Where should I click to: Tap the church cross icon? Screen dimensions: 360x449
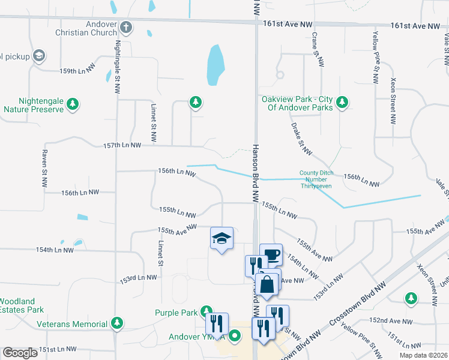pos(126,26)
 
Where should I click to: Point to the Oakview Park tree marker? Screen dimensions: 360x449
pos(342,102)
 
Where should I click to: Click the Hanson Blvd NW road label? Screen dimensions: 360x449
pos(256,173)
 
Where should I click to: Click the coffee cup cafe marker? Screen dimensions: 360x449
pos(271,254)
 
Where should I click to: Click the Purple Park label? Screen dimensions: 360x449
pos(176,313)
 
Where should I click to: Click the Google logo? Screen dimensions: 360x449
pos(20,353)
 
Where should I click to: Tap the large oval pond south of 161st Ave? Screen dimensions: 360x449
pos(215,65)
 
